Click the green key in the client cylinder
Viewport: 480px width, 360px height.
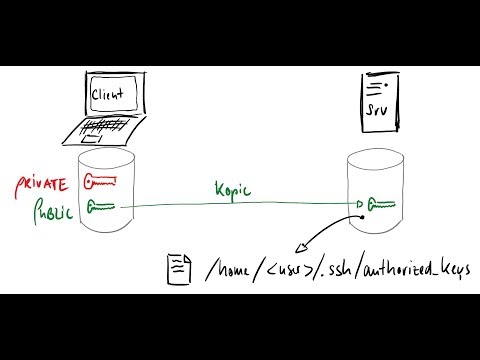click(x=103, y=208)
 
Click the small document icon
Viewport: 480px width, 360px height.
click(x=179, y=267)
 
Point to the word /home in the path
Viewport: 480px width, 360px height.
click(x=230, y=268)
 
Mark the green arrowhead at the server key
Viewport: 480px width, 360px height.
click(x=358, y=206)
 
